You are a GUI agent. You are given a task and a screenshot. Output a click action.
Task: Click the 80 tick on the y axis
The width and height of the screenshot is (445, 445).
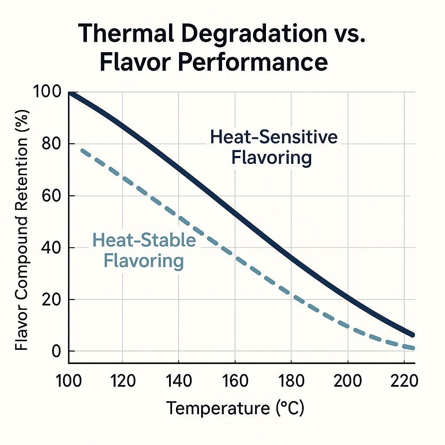pos(52,144)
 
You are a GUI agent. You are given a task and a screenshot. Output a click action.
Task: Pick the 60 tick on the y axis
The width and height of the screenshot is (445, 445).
pos(52,196)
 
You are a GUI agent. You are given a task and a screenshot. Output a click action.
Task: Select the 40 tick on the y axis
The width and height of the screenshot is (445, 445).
pos(52,248)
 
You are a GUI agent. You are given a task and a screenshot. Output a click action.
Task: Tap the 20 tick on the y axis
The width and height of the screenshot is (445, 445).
pos(52,300)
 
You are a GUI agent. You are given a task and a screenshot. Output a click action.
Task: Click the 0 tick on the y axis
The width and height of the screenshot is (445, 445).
pos(57,351)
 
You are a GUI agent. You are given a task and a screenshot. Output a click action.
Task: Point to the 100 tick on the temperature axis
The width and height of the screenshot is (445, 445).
pos(69,381)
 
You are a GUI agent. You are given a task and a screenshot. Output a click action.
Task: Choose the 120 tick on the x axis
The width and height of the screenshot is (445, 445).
pos(123,381)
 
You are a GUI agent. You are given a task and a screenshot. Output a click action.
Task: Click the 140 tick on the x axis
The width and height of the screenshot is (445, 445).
pos(179,381)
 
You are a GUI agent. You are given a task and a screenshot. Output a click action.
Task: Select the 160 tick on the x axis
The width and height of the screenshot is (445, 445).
pos(235,381)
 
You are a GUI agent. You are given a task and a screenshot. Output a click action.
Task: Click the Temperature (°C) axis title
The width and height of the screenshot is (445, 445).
pos(235,408)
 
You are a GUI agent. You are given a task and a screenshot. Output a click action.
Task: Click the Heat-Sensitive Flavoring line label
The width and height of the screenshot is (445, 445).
pos(273,147)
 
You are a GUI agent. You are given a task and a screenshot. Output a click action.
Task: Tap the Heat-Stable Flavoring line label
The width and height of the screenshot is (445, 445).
pos(144,251)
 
